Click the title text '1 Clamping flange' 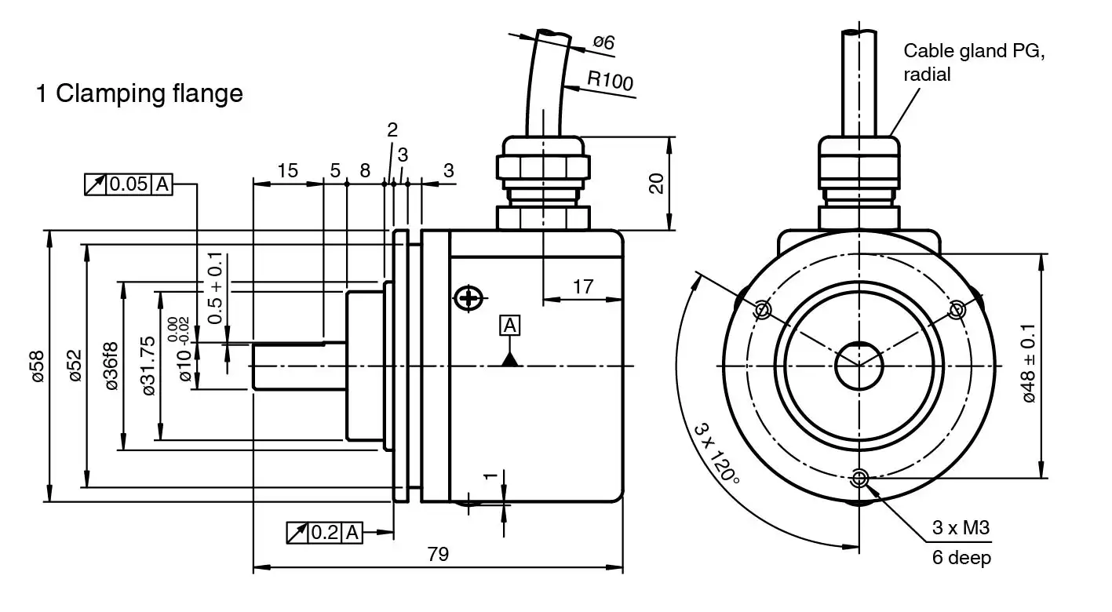point(139,94)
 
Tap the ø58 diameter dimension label point(38,366)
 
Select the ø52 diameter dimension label point(75,366)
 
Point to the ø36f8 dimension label point(111,366)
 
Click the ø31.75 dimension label point(148,366)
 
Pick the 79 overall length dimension point(438,554)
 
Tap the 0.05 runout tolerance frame point(129,184)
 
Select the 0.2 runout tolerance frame point(324,533)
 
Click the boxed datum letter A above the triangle point(509,326)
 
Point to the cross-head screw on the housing point(468,298)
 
